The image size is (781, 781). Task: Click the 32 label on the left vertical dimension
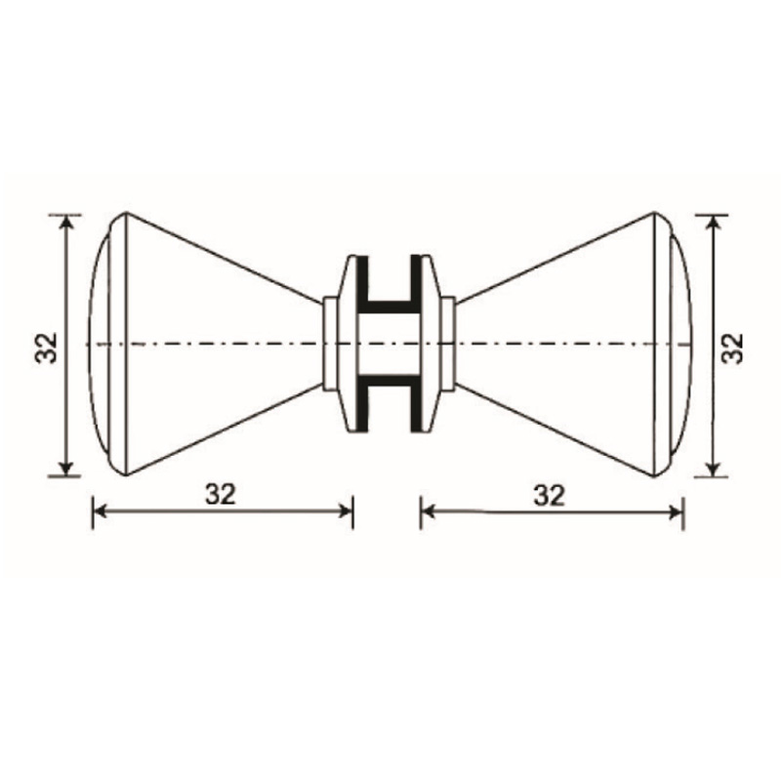pyautogui.click(x=46, y=348)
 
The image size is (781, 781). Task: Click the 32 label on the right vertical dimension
pyautogui.click(x=732, y=349)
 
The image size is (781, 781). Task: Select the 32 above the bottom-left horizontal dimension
pyautogui.click(x=221, y=494)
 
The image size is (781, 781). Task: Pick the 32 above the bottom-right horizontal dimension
pyautogui.click(x=549, y=496)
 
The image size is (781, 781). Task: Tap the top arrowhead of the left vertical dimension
pyautogui.click(x=66, y=223)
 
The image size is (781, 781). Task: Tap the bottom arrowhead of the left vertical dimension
pyautogui.click(x=65, y=469)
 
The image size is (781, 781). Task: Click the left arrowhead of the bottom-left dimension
pyautogui.click(x=101, y=511)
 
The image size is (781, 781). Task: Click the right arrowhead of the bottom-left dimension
pyautogui.click(x=346, y=511)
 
